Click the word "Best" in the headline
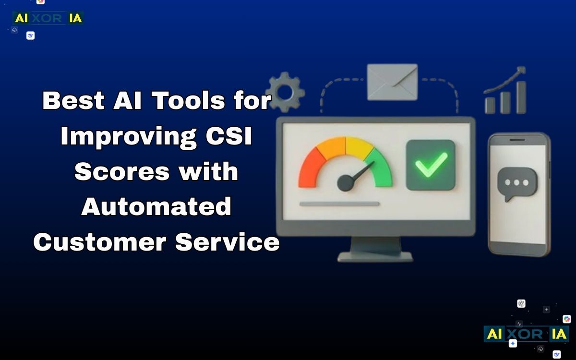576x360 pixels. click(72, 101)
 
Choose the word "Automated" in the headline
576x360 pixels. click(156, 207)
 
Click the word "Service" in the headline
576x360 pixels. click(228, 242)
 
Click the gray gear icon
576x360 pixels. click(285, 92)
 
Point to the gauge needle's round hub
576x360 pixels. click(345, 182)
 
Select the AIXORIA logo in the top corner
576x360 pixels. click(48, 19)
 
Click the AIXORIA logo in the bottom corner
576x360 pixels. click(526, 334)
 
